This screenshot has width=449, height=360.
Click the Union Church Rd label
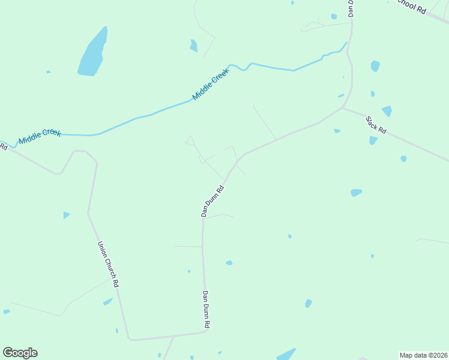109,264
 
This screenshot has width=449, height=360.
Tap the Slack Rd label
376,125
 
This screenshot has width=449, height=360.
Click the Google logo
20,353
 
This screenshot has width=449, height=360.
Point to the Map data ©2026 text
423,355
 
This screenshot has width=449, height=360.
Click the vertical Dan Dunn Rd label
206,309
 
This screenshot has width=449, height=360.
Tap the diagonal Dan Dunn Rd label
212,200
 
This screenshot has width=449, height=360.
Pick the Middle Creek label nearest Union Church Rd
40,136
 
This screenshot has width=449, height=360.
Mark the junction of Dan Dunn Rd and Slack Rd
342,108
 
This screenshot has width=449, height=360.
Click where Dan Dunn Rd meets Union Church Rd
205,332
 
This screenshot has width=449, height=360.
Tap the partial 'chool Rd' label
412,7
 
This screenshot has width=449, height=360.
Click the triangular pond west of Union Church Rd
66,215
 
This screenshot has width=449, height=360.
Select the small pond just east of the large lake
193,46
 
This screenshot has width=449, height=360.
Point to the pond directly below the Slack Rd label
373,140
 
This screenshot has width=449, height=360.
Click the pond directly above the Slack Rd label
387,111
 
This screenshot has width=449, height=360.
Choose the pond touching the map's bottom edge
286,355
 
